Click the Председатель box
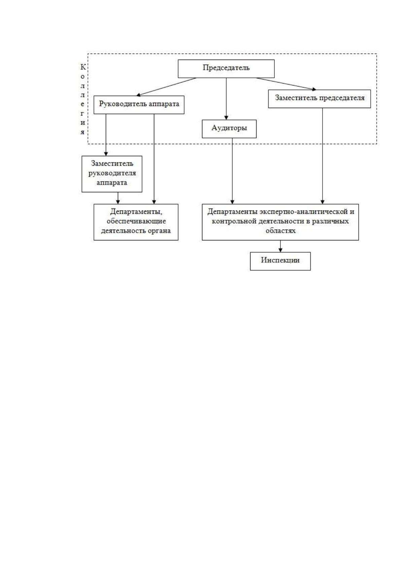point(226,69)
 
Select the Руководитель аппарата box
point(139,105)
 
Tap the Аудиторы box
point(229,129)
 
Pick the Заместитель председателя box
point(320,99)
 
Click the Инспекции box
point(280,261)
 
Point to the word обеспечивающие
point(136,221)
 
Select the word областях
point(280,231)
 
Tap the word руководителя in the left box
point(112,173)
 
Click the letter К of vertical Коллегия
point(83,67)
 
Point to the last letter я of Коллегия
point(82,132)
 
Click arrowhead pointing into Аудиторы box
point(226,118)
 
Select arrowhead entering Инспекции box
point(280,250)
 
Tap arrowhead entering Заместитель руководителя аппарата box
point(106,154)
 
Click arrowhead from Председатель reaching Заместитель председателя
point(314,89)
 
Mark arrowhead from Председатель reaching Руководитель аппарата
point(138,95)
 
